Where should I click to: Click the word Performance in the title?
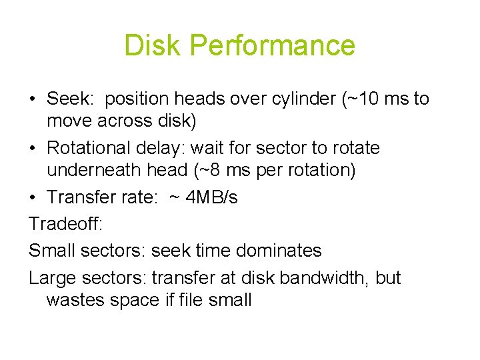[x=272, y=45]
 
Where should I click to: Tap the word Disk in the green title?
[x=153, y=45]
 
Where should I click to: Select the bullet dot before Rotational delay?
[x=33, y=148]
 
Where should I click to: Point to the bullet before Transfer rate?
[x=33, y=198]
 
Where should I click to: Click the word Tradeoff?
[x=65, y=225]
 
